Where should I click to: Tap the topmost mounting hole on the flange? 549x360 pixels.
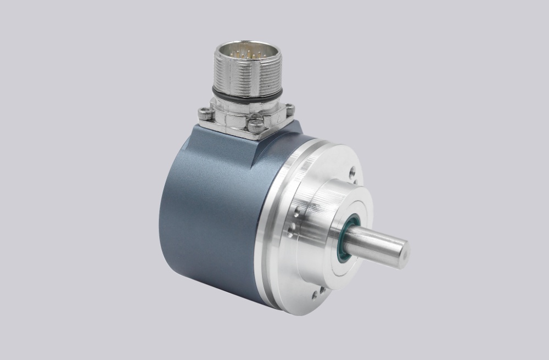click(352, 171)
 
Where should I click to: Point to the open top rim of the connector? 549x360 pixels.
click(247, 46)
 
